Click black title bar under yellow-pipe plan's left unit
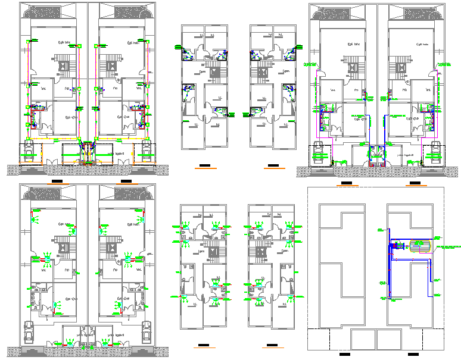click(58, 180)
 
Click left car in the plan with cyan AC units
click(28, 333)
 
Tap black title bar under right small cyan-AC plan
click(272, 346)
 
